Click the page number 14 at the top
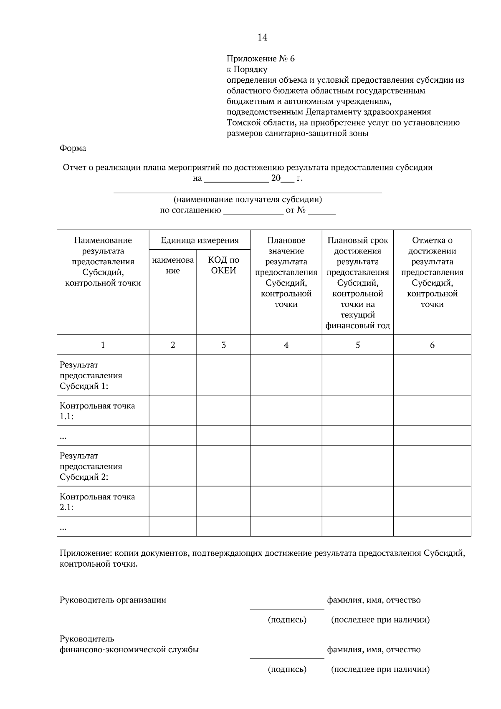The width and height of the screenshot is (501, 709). tap(262, 38)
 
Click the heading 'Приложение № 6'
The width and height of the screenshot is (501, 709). tap(261, 58)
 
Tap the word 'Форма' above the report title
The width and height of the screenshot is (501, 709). tap(73, 148)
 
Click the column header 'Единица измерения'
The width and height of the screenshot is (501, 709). tap(200, 240)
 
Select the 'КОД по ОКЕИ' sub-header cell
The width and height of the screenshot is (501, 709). tap(223, 265)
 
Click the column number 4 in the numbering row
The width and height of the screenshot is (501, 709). tap(286, 345)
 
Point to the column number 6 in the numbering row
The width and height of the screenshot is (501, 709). tap(432, 345)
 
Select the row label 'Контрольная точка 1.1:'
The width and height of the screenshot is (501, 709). tap(97, 411)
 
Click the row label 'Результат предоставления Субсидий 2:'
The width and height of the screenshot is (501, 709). tap(91, 466)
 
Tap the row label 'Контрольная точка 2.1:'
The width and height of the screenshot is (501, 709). tap(97, 502)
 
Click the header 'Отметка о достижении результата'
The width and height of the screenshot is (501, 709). tap(432, 272)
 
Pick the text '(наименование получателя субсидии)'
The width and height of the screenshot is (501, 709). tap(248, 200)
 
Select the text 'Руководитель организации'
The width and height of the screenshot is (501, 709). tap(113, 600)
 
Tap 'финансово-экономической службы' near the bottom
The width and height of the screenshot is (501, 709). tap(129, 650)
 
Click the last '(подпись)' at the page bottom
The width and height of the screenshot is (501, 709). tap(287, 669)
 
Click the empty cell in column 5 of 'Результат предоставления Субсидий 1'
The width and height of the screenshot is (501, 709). tap(357, 375)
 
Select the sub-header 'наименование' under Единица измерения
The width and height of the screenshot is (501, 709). tap(173, 265)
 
